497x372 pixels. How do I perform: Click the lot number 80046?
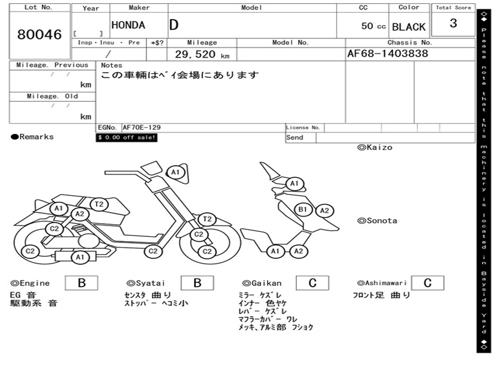[x=39, y=34]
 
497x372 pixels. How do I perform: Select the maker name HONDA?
[x=128, y=25]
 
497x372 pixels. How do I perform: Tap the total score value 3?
[x=453, y=23]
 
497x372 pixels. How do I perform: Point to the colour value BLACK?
[x=409, y=27]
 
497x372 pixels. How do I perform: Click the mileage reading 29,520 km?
[x=202, y=54]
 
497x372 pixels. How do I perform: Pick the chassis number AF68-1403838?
[x=388, y=53]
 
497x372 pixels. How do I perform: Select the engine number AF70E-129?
[x=142, y=127]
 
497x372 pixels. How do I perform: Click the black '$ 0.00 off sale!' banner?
[x=127, y=138]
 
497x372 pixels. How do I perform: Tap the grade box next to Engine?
[x=82, y=283]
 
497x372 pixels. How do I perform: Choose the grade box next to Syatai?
[x=197, y=283]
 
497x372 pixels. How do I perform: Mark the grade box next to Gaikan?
[x=313, y=283]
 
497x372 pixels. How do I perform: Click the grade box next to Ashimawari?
[x=428, y=283]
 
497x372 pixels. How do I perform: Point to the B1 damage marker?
[x=303, y=209]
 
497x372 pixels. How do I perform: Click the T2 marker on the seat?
[x=99, y=204]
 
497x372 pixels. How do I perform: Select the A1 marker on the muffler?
[x=80, y=257]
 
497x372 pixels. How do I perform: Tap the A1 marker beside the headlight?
[x=176, y=172]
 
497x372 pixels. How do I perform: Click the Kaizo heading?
[x=375, y=147]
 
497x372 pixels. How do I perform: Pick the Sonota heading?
[x=377, y=221]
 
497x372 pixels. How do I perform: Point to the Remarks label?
[x=33, y=137]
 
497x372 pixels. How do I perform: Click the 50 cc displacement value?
[x=373, y=26]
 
